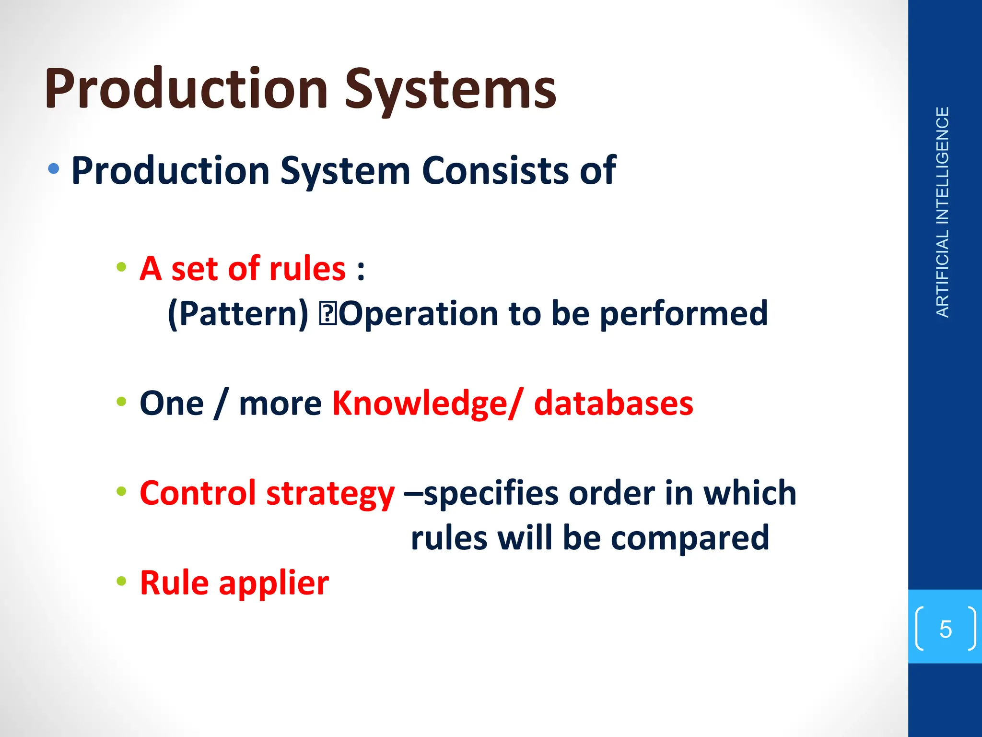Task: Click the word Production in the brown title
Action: pyautogui.click(x=187, y=89)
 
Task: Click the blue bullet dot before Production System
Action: pyautogui.click(x=54, y=168)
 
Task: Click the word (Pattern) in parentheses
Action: pyautogui.click(x=238, y=314)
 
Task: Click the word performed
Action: pyautogui.click(x=683, y=314)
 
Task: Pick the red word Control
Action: pyautogui.click(x=198, y=493)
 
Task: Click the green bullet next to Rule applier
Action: pyautogui.click(x=121, y=582)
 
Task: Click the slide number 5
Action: pyautogui.click(x=945, y=629)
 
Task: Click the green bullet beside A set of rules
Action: pyautogui.click(x=121, y=267)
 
